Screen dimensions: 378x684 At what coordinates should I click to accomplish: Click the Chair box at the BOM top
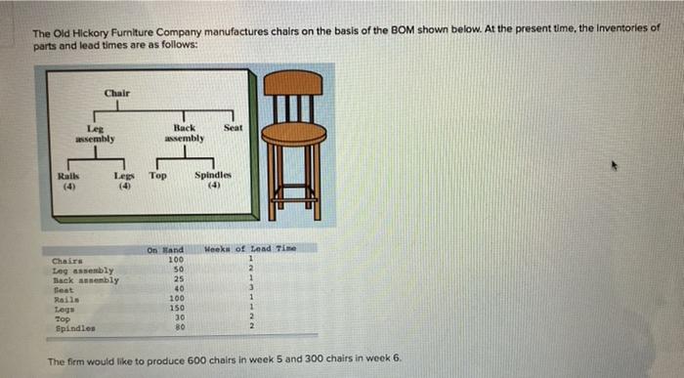[117, 92]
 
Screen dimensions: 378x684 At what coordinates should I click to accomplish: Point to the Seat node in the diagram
[233, 128]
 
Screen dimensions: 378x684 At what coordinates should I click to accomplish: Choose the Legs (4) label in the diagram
[124, 181]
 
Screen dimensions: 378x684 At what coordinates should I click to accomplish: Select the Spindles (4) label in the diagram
[212, 181]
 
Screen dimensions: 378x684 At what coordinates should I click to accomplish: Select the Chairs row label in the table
[67, 261]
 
